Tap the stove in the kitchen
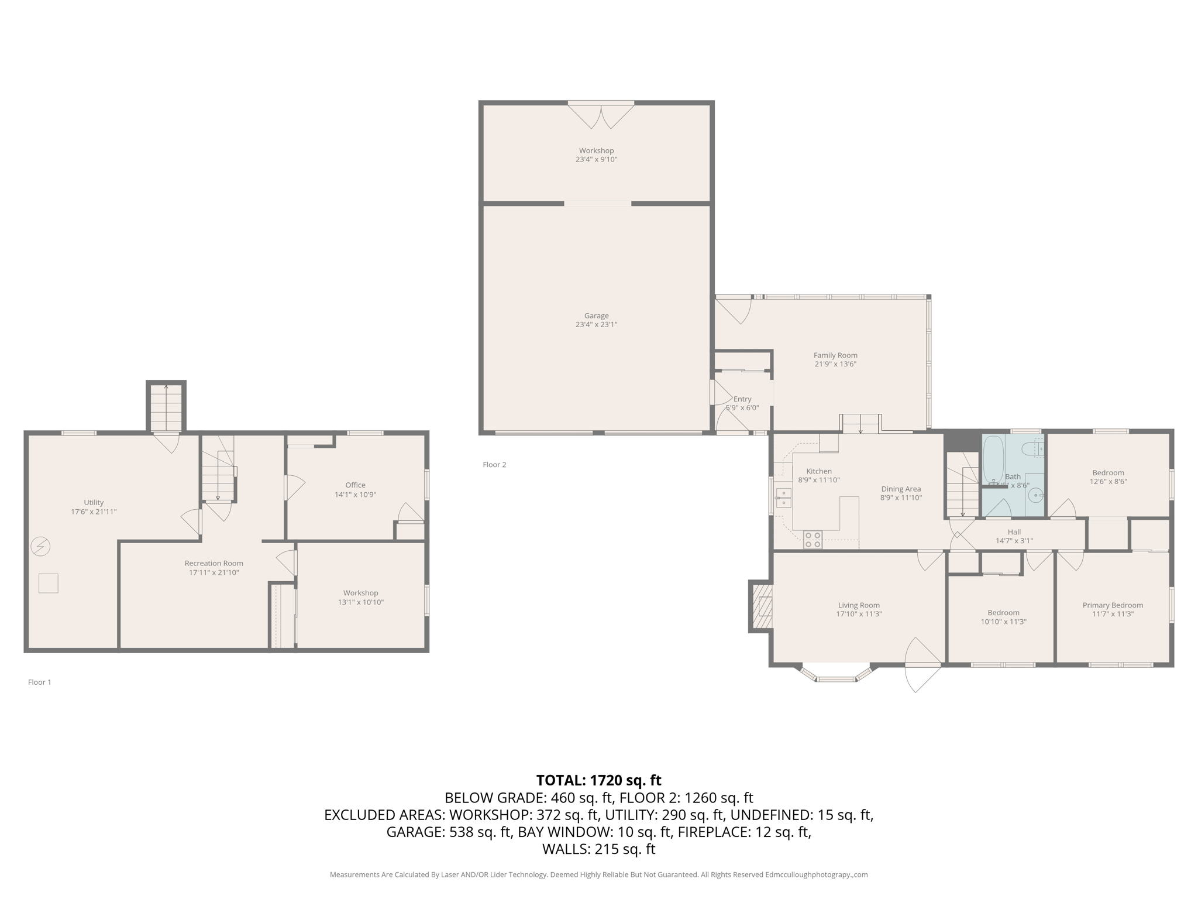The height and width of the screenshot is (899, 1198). pos(813,540)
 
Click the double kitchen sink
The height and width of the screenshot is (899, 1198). pos(783,499)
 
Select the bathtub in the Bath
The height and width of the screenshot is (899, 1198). pos(993,458)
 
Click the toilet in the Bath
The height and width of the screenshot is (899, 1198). pos(1032,449)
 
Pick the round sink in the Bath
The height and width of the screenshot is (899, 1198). pos(1037,496)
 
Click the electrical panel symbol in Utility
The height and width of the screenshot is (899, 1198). pos(41,547)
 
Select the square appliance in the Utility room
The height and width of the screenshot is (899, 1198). pos(49,584)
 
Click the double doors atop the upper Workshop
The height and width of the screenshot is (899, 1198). pos(601,115)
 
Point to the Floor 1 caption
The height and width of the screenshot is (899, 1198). pos(40,682)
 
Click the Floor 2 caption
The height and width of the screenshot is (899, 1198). pos(494,465)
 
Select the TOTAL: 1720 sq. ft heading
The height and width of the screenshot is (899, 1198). pos(598,780)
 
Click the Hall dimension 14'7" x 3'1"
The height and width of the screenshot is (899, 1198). pos(1014,541)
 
